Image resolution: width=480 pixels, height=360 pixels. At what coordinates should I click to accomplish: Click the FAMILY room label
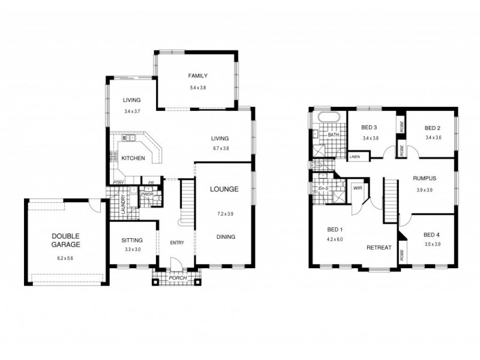click(197, 76)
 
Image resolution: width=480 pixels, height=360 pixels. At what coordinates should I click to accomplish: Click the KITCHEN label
click(132, 158)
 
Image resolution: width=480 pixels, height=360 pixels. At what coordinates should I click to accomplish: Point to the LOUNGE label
click(224, 189)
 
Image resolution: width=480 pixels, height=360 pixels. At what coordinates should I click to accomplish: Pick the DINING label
click(226, 236)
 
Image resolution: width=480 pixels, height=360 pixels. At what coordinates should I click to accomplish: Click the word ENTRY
click(176, 242)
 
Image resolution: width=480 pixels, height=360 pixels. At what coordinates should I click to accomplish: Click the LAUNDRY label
click(123, 204)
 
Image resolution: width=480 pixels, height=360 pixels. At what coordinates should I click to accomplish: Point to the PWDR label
click(147, 194)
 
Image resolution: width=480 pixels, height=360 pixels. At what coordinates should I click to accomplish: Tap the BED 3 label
click(370, 128)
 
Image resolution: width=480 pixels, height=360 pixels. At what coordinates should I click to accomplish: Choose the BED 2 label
click(433, 128)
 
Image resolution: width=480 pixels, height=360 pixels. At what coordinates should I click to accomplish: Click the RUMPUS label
click(424, 179)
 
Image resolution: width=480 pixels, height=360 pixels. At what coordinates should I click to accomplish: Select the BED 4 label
click(431, 234)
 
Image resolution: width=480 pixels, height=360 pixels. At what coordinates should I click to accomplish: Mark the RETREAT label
click(379, 247)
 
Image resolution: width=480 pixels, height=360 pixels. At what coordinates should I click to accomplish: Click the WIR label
click(358, 188)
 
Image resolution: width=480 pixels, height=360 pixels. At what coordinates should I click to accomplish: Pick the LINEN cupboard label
click(355, 157)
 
